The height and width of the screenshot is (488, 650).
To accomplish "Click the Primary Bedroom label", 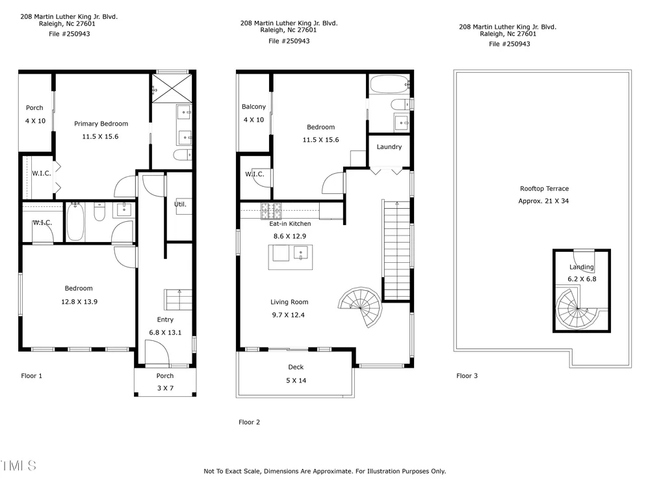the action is [x=101, y=124].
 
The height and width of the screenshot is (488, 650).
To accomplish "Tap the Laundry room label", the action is [x=389, y=147].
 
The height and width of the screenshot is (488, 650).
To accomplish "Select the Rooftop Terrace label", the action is [x=544, y=189].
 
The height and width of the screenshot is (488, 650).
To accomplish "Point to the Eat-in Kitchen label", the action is [x=290, y=224].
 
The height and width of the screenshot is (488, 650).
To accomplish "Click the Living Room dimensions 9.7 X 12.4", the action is [x=288, y=315].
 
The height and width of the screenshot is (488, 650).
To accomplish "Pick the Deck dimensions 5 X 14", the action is [x=296, y=381].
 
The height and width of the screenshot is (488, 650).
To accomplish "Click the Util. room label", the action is [x=180, y=204].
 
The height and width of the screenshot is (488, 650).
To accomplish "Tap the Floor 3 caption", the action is [x=467, y=376].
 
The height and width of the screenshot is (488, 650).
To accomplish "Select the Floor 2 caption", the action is [x=249, y=422].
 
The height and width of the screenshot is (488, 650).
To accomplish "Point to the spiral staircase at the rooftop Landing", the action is [x=577, y=309].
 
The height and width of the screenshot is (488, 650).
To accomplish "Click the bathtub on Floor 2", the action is [x=389, y=84].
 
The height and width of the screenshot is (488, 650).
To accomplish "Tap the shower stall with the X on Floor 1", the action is [x=172, y=88].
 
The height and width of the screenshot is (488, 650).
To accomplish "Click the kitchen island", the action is [x=290, y=257].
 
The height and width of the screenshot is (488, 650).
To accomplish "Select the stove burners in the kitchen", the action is [x=270, y=211].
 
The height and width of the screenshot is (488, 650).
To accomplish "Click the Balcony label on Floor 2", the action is [x=253, y=107].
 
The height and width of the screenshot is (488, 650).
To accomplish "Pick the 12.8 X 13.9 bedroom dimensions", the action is [x=79, y=302].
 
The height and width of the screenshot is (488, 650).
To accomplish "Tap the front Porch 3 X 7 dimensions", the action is [x=165, y=388].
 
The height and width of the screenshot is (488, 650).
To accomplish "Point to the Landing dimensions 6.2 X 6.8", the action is [x=582, y=279].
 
